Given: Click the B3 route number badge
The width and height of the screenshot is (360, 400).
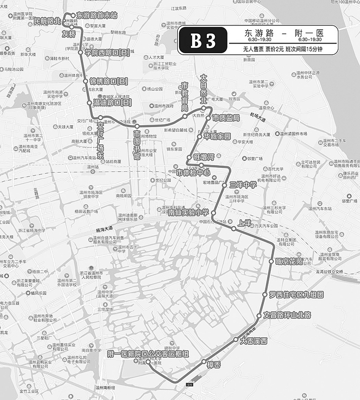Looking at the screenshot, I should (x=203, y=40).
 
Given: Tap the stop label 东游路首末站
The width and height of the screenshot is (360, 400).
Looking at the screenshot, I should (x=97, y=15).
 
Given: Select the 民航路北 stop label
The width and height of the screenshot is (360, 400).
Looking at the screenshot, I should (x=47, y=22).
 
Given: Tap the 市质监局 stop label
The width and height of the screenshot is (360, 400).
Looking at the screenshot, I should (x=226, y=118).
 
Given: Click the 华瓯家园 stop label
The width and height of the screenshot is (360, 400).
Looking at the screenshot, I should (x=217, y=136).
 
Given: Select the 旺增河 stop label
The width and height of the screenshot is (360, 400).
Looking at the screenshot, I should (x=203, y=157).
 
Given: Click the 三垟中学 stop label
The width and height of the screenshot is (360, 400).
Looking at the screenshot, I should (x=243, y=184).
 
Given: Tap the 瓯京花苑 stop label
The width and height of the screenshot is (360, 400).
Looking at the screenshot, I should (x=289, y=261).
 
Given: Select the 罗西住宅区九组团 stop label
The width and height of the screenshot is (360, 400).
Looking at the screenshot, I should (x=296, y=294).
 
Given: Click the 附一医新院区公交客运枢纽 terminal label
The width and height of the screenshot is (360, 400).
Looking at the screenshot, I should (x=149, y=354).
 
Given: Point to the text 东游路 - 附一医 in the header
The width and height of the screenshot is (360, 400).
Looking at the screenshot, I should (x=283, y=34).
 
